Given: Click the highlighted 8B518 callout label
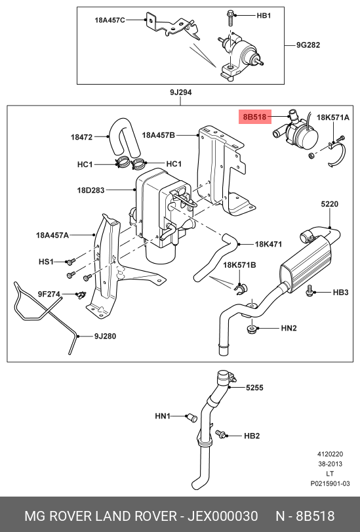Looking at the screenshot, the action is coord(255,117).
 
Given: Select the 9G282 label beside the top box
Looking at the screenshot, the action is coord(308,45).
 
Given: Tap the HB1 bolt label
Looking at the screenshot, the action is coord(264,16).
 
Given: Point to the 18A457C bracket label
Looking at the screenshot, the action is coord(110,20).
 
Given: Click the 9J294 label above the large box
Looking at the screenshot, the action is coord(181,92).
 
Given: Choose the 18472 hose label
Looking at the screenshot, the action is coord(81,137).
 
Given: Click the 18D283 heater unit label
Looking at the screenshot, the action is coord(90,190).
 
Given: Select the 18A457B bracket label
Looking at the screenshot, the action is coord(159,135).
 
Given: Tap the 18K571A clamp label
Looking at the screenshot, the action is coord(333,117).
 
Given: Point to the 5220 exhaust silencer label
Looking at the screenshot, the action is coord(329,204).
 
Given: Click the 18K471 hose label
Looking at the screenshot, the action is coord(268,244).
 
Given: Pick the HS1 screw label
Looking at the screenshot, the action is coord(46,262).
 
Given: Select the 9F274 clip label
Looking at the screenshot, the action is coord(49,294).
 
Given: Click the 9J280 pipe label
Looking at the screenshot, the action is coord(105,337).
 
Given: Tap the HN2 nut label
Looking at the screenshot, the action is coord(289,328).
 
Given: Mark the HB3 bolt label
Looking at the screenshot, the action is coord(340,292).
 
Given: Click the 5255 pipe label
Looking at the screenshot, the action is coord(254,388).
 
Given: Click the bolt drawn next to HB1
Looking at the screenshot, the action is coord(230,18).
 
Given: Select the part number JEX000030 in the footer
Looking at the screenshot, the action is coord(223,516).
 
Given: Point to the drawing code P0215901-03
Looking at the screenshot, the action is coord(330,483).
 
